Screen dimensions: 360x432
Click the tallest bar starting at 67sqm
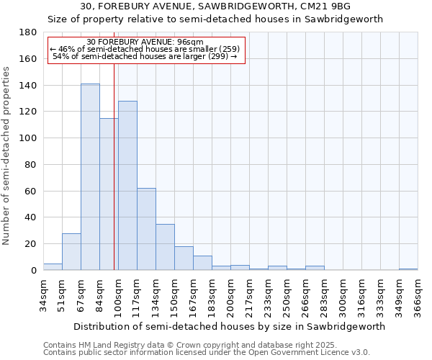pyautogui.click(x=90, y=177)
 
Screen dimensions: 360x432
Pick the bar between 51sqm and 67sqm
pyautogui.click(x=71, y=252)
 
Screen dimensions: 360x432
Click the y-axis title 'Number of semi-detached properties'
pyautogui.click(x=7, y=155)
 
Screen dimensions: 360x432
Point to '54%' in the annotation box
pyautogui.click(x=60, y=56)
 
